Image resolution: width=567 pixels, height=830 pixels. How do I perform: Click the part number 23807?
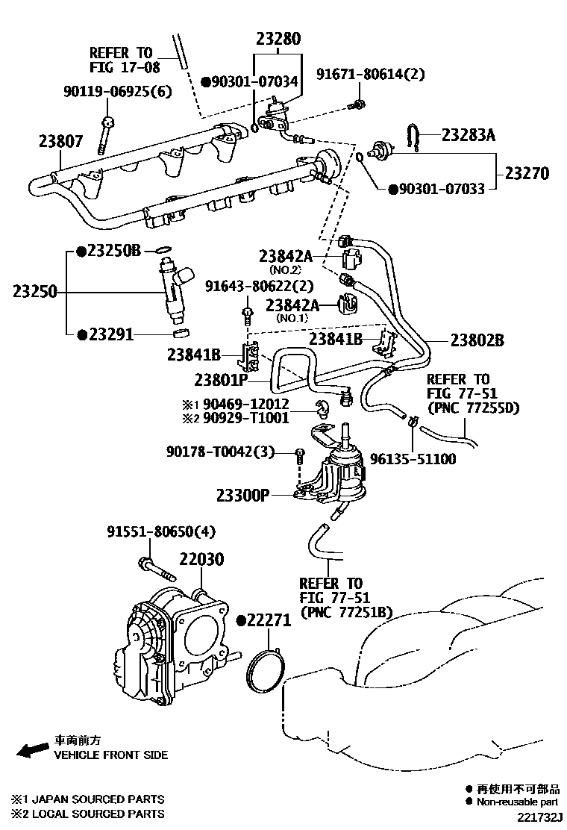[x=62, y=140]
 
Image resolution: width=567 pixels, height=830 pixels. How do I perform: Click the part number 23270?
[x=527, y=173]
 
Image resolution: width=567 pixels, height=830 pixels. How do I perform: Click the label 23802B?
[x=477, y=340]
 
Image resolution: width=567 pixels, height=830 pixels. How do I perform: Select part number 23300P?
[x=243, y=494]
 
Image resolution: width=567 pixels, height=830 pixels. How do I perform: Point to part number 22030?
[x=201, y=559]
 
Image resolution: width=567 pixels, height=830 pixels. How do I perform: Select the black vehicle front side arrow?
[x=32, y=750]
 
